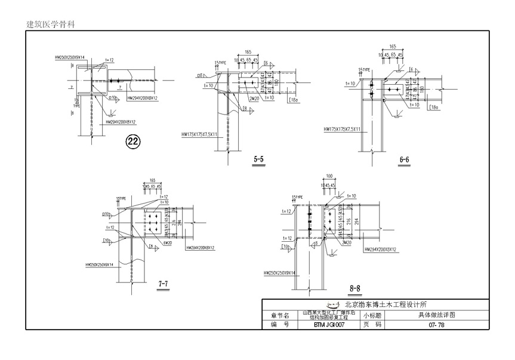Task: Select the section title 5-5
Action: click(258, 159)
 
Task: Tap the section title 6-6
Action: click(404, 159)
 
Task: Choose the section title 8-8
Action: click(354, 288)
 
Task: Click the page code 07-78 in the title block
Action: click(436, 325)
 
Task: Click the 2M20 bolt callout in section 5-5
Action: click(254, 99)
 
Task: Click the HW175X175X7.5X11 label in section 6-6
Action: click(343, 129)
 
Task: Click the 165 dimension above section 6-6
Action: click(393, 46)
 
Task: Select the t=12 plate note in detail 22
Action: click(109, 60)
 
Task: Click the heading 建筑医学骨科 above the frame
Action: click(51, 24)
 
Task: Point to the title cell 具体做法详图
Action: click(436, 315)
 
